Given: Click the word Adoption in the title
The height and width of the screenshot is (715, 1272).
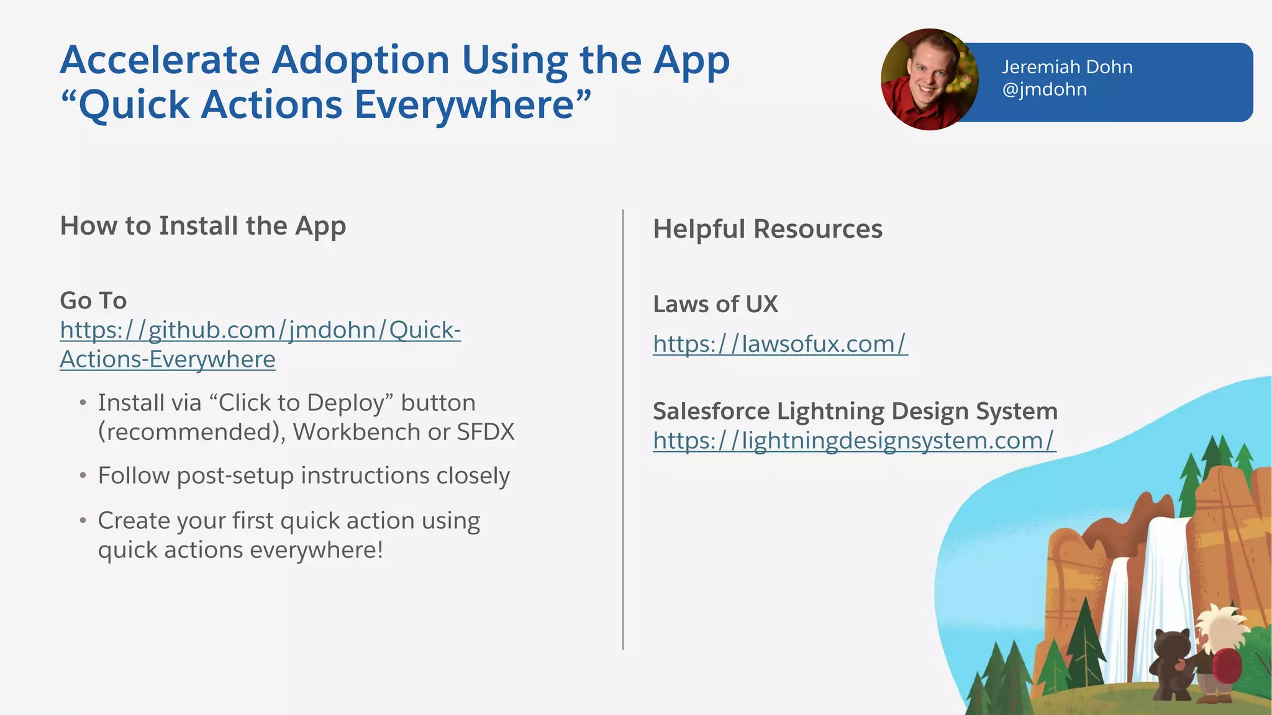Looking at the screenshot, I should click(x=360, y=60).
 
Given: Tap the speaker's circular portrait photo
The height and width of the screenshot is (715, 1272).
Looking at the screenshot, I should click(x=929, y=79).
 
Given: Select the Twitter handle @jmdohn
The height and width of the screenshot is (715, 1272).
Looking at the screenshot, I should click(x=1044, y=89).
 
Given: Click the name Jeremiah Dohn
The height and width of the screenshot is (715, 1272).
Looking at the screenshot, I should click(x=1066, y=67).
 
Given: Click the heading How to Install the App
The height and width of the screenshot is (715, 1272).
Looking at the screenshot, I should click(x=202, y=226).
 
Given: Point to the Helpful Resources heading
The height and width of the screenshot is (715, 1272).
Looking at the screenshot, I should click(x=767, y=229).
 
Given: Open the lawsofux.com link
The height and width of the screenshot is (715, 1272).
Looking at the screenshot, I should click(x=779, y=344).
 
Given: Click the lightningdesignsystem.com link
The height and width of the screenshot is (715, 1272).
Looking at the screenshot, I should click(x=853, y=441).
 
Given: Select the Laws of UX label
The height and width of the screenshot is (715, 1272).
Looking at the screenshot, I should click(x=715, y=304).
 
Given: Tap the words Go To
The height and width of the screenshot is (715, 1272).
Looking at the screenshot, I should click(x=93, y=300).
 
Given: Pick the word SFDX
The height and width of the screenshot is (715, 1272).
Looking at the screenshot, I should click(x=485, y=432).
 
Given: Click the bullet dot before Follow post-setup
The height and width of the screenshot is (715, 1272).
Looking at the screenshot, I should click(x=83, y=476).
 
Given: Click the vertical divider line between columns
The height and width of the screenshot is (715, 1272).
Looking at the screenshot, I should click(x=622, y=428).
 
